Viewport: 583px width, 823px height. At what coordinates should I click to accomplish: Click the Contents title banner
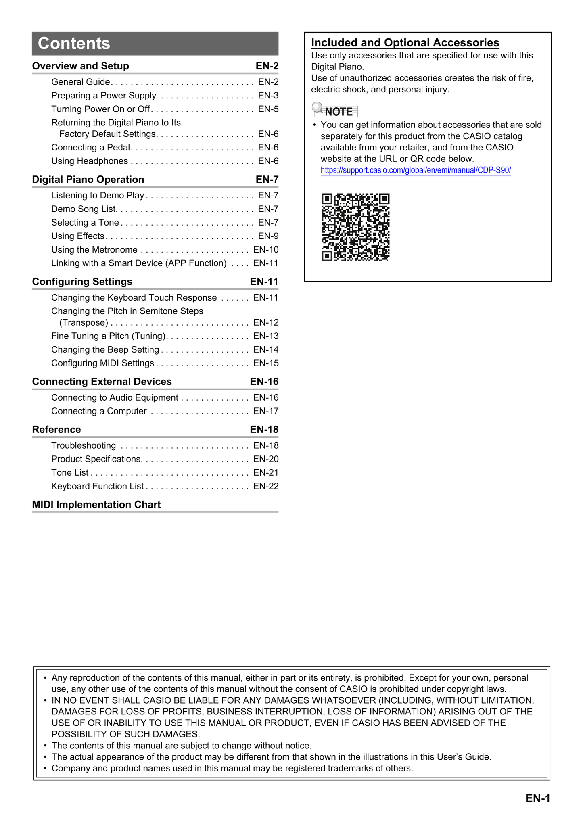coord(155,44)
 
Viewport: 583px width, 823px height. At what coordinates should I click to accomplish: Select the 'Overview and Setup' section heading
coord(81,66)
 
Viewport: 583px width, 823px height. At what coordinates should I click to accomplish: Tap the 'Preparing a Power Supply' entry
coord(104,96)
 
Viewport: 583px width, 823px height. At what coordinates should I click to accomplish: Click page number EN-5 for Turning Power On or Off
coord(268,109)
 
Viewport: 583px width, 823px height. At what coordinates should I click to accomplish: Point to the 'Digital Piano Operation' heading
coord(88,180)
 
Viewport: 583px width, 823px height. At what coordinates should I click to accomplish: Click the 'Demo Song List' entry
coord(84,209)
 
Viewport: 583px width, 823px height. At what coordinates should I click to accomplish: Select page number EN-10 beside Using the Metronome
coord(265,250)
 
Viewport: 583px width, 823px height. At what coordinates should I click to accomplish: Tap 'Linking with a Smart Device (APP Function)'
coord(139,263)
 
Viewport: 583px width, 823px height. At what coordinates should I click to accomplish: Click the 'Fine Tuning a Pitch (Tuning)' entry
coord(109,336)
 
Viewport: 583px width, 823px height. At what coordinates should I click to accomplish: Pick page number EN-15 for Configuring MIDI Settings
coord(265,363)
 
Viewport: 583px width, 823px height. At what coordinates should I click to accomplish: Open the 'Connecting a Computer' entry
coord(99,411)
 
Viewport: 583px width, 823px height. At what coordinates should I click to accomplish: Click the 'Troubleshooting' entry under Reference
coord(84,445)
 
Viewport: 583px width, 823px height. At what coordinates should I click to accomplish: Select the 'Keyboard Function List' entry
coord(97,486)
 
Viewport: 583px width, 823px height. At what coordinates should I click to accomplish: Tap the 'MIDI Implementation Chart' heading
coord(96,505)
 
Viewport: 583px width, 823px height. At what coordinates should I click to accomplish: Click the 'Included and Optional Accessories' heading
coord(405,43)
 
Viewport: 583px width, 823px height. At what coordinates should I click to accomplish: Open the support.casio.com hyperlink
coord(416,170)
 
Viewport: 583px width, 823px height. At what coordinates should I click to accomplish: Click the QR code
coord(355,227)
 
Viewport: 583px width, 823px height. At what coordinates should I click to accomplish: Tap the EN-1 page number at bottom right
coord(538,798)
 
